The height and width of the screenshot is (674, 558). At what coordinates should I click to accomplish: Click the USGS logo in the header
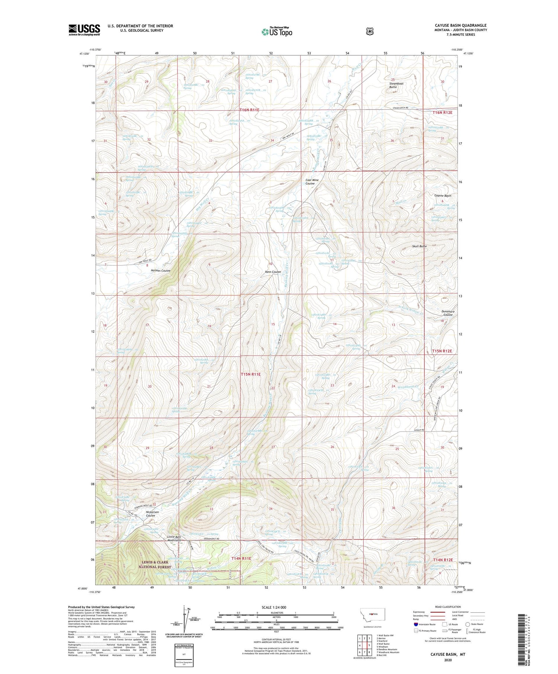[84, 30]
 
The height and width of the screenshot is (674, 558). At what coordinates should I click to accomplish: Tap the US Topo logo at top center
[277, 32]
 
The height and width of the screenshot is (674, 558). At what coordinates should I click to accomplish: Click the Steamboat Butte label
[396, 85]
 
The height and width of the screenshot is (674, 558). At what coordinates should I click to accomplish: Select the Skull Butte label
[419, 246]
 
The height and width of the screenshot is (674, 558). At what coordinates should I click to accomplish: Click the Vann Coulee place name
[273, 272]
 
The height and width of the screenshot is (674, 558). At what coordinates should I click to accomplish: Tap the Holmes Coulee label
[160, 271]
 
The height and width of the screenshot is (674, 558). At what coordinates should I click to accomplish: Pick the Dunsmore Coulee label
[448, 313]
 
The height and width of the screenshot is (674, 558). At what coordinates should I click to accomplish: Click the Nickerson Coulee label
[152, 514]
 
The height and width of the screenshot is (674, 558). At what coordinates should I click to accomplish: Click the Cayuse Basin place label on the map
[443, 196]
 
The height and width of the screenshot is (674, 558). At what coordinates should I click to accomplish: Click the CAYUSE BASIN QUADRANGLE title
[455, 25]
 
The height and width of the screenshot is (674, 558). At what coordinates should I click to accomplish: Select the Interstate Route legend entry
[427, 624]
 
